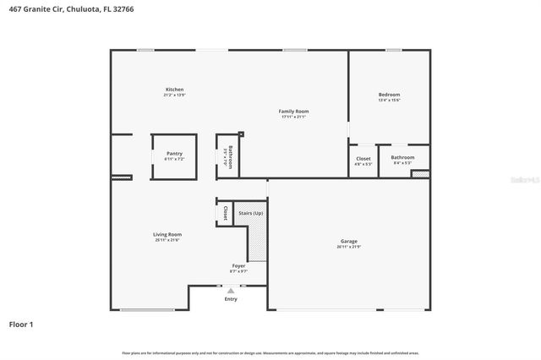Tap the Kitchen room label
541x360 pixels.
(175, 90)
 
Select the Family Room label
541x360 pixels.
(294, 112)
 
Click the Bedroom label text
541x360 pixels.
(389, 95)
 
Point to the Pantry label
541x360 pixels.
(174, 154)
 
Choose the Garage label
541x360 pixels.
(348, 241)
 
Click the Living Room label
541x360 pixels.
(167, 235)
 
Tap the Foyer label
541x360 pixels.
(239, 266)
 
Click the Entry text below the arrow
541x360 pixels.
(231, 299)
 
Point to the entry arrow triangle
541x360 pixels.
(231, 291)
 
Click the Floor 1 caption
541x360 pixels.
(22, 324)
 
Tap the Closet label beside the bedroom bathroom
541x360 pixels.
(363, 158)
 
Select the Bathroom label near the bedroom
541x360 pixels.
(402, 157)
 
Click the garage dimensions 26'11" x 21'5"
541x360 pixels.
(348, 247)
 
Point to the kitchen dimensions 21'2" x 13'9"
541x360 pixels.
(175, 95)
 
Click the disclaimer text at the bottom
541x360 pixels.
(270, 352)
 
